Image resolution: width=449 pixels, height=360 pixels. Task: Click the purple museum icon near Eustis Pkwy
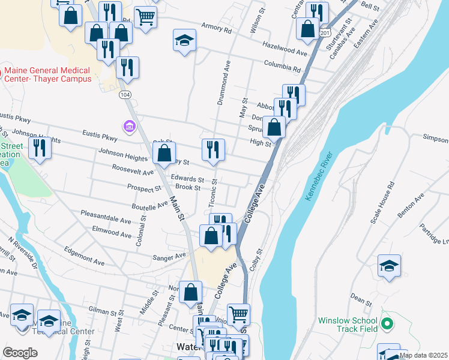pos(128,127)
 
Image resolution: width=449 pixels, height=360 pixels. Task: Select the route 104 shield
pos(125,95)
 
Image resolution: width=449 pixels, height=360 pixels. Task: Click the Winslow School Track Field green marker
pos(387,325)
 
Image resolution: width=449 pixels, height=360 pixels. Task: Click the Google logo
pos(20,353)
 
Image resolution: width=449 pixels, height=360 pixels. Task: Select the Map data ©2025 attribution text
pos(423,355)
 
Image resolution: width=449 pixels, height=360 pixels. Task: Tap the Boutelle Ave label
pos(150,206)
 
